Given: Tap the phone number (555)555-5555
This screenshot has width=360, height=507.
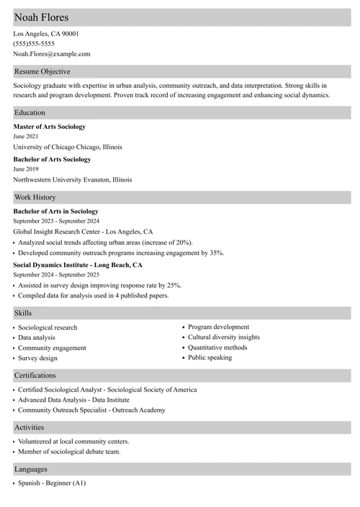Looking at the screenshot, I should click(x=33, y=44).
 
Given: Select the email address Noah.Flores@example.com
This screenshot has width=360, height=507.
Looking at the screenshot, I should click(x=52, y=54).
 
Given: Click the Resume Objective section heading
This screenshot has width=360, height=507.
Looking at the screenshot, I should click(x=42, y=71).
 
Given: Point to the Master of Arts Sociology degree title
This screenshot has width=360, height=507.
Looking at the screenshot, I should click(x=49, y=127).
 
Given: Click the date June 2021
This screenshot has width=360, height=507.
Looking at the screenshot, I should click(x=26, y=137).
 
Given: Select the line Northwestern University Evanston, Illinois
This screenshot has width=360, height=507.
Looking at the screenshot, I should click(x=72, y=180).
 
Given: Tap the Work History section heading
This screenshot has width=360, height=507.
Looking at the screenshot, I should click(x=35, y=197).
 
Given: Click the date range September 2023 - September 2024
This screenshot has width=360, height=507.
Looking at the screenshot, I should click(x=56, y=222).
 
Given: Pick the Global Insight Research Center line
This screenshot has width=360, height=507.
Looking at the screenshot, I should click(x=83, y=232).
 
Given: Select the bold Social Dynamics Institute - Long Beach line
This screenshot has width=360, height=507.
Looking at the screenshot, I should click(x=78, y=265).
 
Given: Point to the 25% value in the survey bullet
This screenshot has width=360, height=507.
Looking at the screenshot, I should click(x=174, y=285).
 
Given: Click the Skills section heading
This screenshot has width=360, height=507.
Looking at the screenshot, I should click(x=23, y=313).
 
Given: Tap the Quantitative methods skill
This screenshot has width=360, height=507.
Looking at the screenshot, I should click(x=217, y=348).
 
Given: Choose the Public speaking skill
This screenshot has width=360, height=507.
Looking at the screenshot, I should click(x=210, y=358).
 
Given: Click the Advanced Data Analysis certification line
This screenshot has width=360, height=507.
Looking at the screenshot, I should click(x=73, y=400).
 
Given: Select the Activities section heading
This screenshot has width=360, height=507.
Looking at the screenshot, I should click(x=30, y=427).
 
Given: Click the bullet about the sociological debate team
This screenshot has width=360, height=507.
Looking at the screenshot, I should click(x=69, y=452).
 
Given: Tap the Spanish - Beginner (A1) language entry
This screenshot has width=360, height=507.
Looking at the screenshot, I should click(x=52, y=483).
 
